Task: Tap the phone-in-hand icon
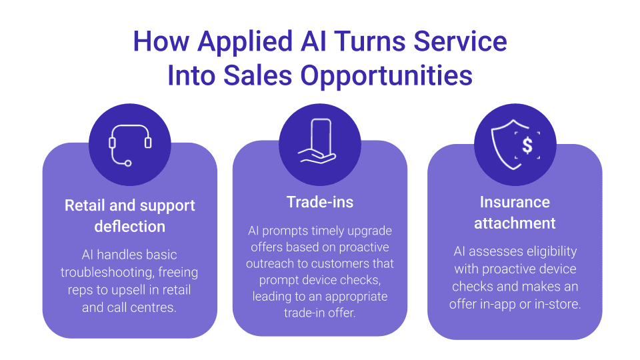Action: coord(317,141)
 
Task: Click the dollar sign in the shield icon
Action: coord(527,145)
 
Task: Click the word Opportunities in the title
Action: coord(386,76)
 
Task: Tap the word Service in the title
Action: coord(460,41)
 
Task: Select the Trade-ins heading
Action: coord(319,202)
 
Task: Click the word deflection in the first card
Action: coord(130,227)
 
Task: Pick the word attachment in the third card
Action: coord(515,223)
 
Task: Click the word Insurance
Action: coord(515,202)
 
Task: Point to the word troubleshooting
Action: coord(107,273)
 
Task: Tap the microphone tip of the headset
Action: coord(128,163)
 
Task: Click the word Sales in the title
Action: coord(258,76)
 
